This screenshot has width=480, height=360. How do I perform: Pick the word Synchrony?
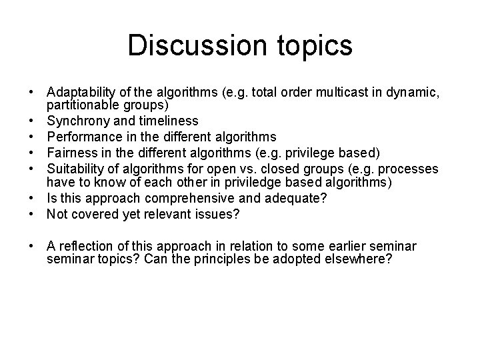point(74,121)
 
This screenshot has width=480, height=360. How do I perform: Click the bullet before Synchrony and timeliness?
point(32,121)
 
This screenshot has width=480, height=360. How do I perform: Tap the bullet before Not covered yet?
point(32,214)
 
